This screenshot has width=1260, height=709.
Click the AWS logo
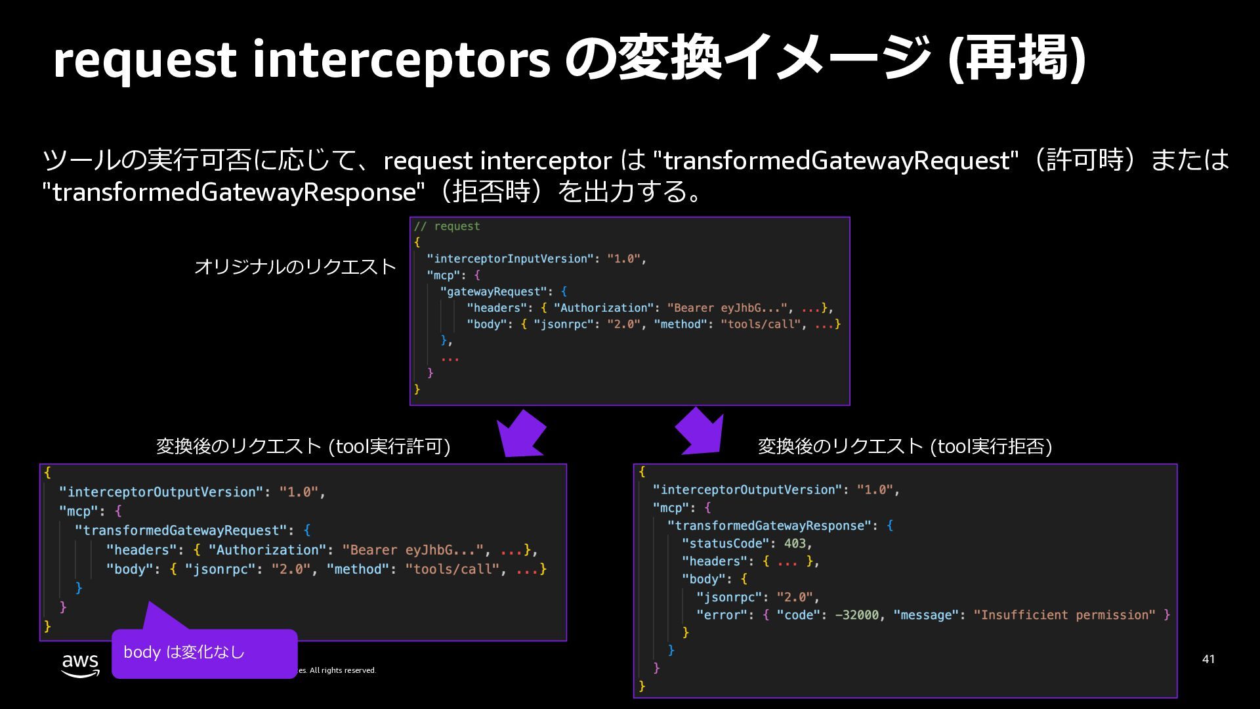pyautogui.click(x=80, y=664)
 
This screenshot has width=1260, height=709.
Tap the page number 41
pyautogui.click(x=1208, y=659)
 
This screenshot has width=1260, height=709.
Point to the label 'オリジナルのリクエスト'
pyautogui.click(x=295, y=267)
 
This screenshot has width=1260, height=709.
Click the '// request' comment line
pyautogui.click(x=447, y=226)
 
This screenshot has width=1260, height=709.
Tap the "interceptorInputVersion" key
pyautogui.click(x=511, y=259)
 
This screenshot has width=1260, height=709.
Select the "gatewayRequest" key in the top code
pyautogui.click(x=493, y=291)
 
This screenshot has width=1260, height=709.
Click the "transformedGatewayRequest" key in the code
pyautogui.click(x=181, y=530)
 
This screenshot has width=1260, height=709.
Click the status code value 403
pyautogui.click(x=795, y=544)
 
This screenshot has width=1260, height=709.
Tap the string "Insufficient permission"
pyautogui.click(x=1064, y=615)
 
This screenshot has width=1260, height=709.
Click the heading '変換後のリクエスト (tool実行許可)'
pyautogui.click(x=303, y=446)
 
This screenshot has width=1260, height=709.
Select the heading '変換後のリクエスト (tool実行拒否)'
pyautogui.click(x=905, y=446)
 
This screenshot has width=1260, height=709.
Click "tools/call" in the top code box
pyautogui.click(x=761, y=324)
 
